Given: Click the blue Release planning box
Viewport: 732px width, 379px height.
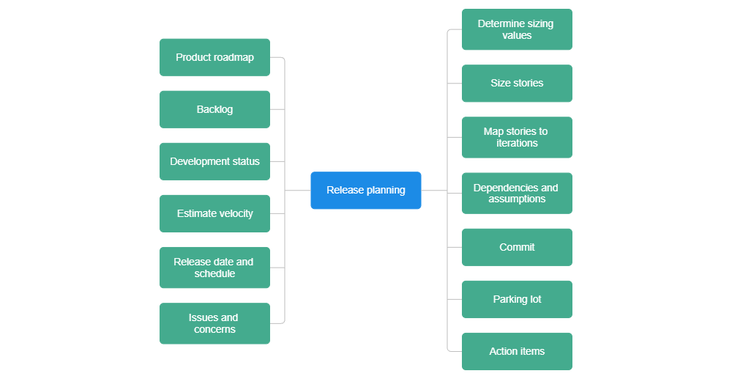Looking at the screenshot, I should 365,191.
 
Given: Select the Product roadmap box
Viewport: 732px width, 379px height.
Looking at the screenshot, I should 214,57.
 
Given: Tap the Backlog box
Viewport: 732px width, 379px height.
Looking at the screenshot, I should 214,109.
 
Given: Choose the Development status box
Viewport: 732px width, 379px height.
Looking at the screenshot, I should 214,161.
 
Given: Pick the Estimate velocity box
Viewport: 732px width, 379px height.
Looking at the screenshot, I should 214,213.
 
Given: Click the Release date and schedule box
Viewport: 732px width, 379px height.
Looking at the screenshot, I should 214,268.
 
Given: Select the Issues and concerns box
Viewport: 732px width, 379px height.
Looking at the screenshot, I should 214,323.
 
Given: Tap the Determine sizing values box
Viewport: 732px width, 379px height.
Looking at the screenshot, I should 517,29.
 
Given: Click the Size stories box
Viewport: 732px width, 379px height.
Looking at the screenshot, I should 517,84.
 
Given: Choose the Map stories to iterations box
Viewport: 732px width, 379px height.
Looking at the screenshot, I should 517,137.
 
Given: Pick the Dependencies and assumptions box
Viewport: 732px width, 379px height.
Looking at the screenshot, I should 517,193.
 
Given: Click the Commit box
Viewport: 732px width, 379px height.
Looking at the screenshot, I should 517,247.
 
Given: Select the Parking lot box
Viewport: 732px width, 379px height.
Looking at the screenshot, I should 517,299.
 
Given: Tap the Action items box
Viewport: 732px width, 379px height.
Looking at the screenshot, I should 517,351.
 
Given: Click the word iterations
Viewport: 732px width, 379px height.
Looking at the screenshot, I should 517,144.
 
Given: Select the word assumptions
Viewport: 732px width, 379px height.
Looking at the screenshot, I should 517,199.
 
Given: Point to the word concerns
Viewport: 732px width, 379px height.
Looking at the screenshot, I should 214,330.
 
